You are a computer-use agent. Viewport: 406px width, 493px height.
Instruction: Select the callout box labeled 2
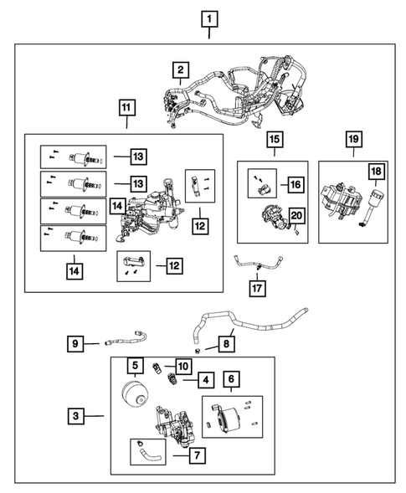tap(179, 70)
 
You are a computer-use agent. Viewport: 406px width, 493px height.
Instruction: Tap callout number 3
tap(76, 413)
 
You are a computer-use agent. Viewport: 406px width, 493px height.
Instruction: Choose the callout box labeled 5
tap(135, 365)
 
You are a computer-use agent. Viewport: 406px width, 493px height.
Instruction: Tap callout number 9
tap(76, 342)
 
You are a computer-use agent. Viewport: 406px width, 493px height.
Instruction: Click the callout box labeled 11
tap(126, 108)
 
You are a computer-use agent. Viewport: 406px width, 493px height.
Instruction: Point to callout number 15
tap(274, 140)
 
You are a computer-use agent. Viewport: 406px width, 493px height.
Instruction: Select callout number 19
tap(352, 140)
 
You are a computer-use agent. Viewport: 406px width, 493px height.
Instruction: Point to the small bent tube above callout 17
tap(251, 265)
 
